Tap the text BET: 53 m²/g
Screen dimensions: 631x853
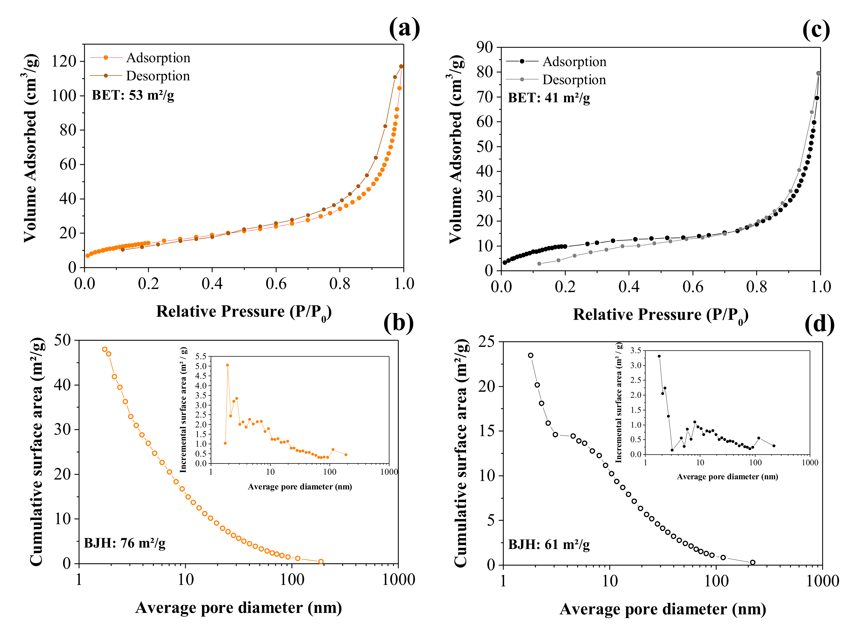(x=133, y=95)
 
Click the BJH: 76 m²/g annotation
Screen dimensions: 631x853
(x=125, y=543)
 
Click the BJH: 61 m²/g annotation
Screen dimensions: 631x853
(x=549, y=544)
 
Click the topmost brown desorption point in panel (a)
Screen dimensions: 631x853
(x=401, y=67)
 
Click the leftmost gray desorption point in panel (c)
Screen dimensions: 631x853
(x=539, y=264)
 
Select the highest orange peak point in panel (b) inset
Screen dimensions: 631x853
(x=228, y=365)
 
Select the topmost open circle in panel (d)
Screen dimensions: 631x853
(x=531, y=355)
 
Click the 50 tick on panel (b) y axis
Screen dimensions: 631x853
(x=62, y=340)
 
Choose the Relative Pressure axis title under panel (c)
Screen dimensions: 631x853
(x=660, y=315)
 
